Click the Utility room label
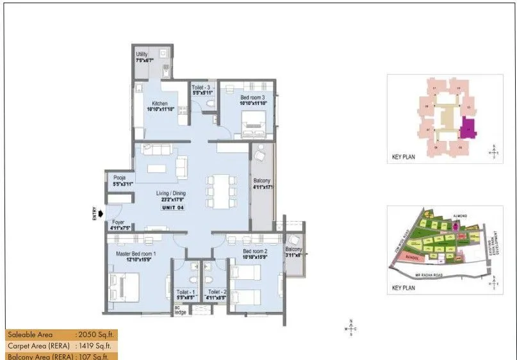coord(142,54)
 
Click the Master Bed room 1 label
coord(135,254)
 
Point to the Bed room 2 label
coord(256,252)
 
